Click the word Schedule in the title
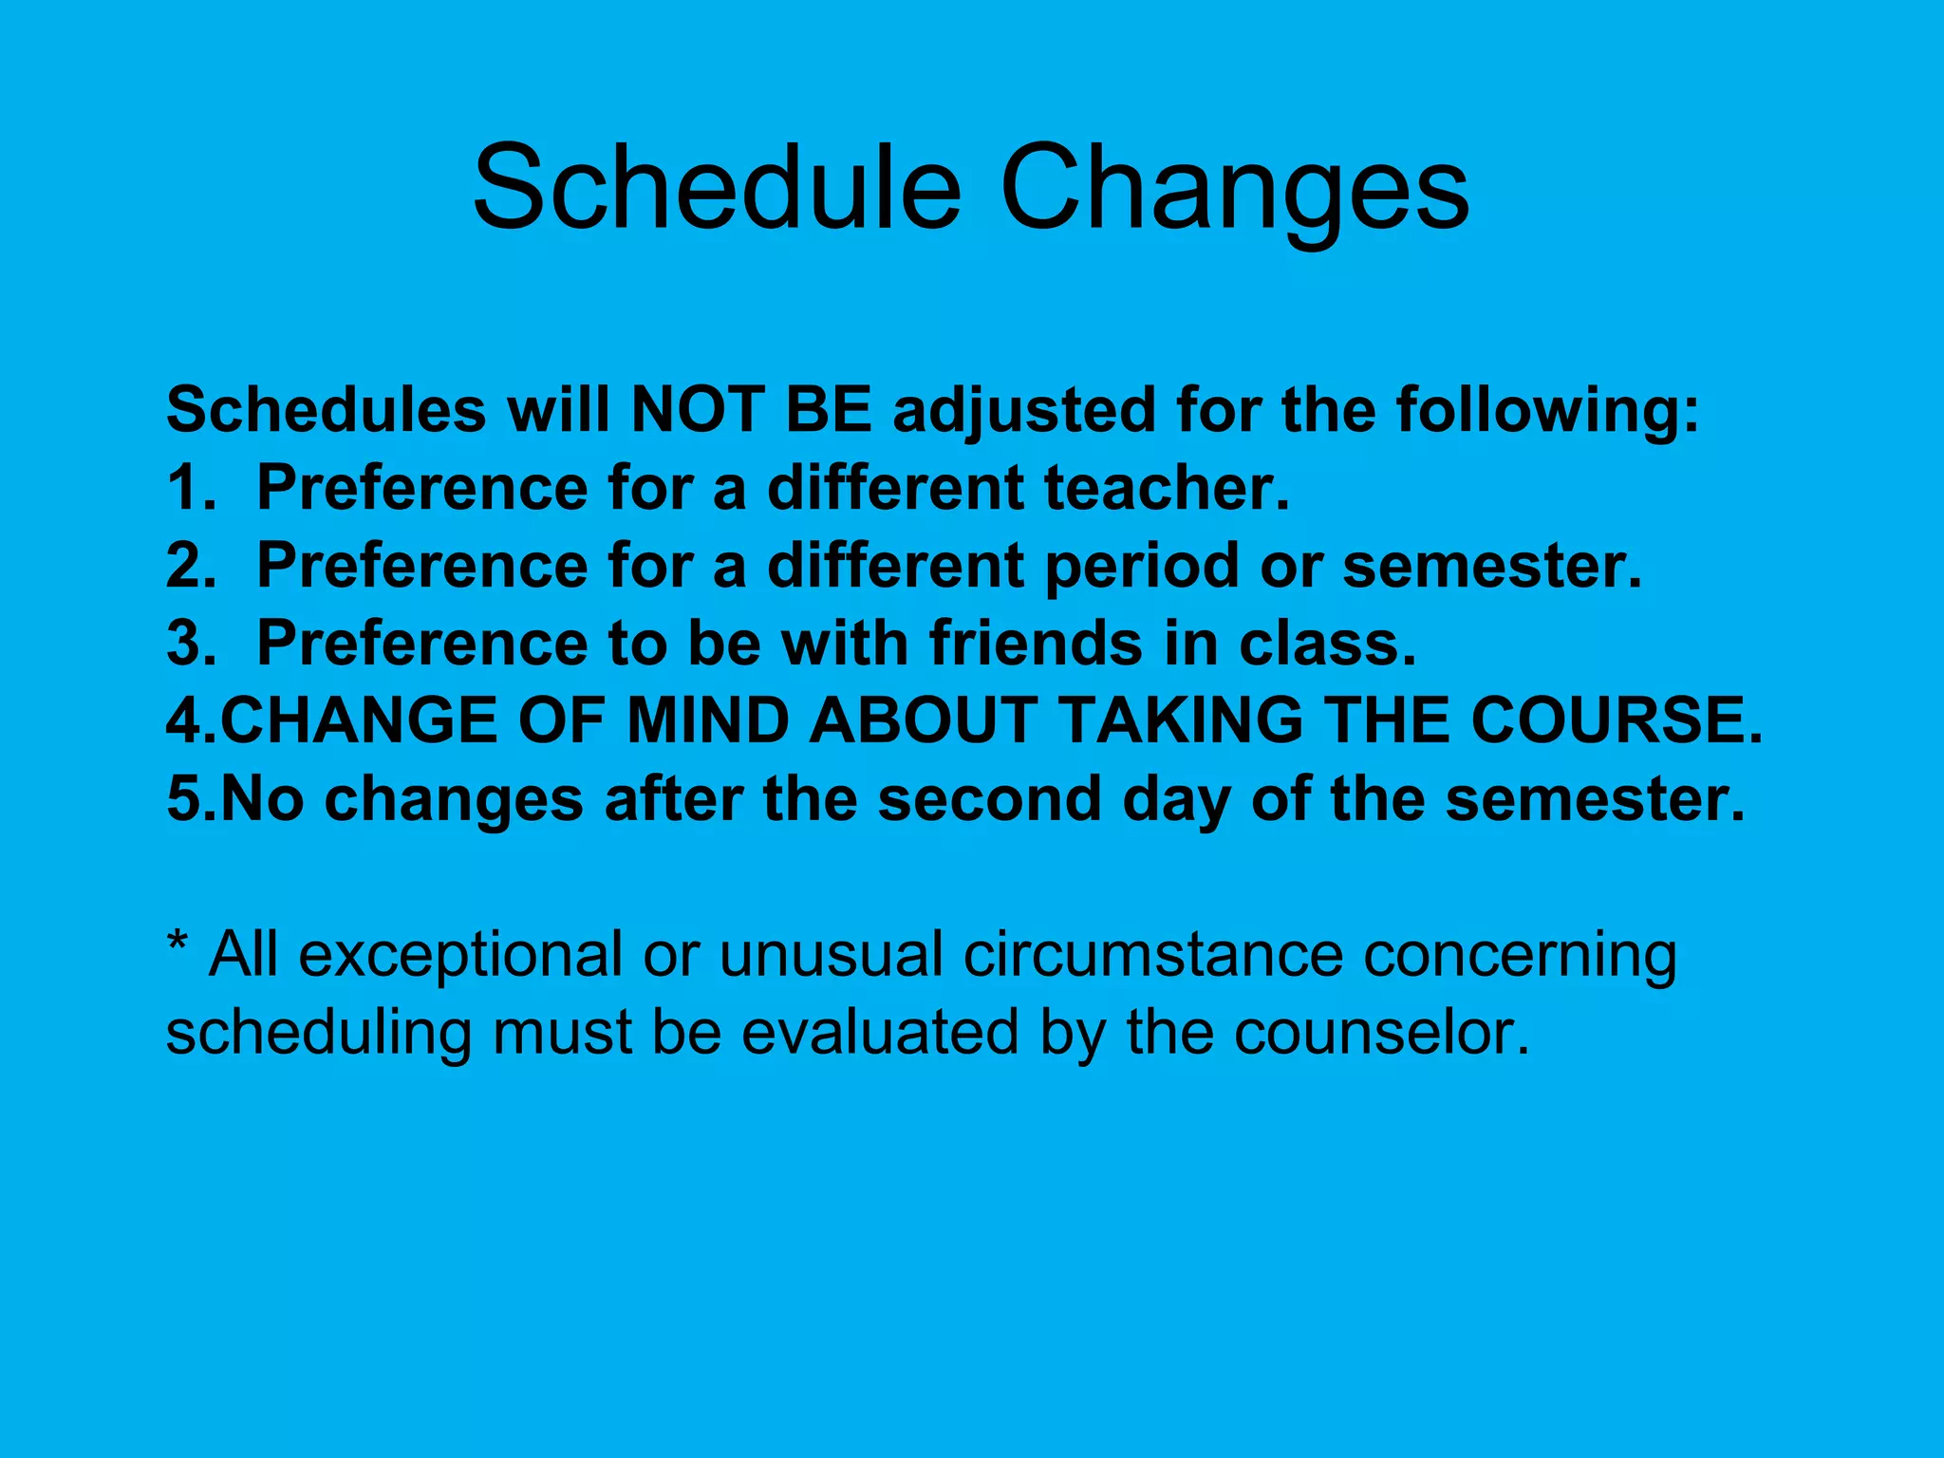(x=717, y=188)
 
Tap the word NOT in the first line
(x=698, y=410)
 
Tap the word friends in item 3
(x=1036, y=644)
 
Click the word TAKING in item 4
(x=1182, y=720)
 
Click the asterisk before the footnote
(x=177, y=945)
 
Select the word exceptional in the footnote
(x=461, y=957)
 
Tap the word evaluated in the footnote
(x=879, y=1033)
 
